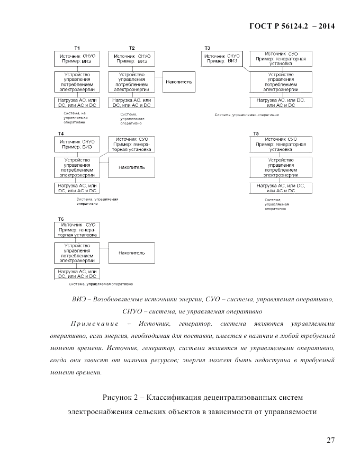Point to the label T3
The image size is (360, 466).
207,48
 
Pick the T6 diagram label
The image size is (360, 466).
61,219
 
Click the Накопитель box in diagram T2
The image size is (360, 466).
178,83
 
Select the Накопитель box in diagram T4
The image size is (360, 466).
131,167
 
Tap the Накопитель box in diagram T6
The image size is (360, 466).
131,253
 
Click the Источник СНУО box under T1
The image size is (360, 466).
77,58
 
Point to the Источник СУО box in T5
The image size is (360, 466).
281,144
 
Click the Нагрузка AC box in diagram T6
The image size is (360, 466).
77,274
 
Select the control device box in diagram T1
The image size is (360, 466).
77,83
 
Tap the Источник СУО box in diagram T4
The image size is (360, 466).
131,144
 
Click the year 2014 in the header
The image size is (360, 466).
325,26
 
